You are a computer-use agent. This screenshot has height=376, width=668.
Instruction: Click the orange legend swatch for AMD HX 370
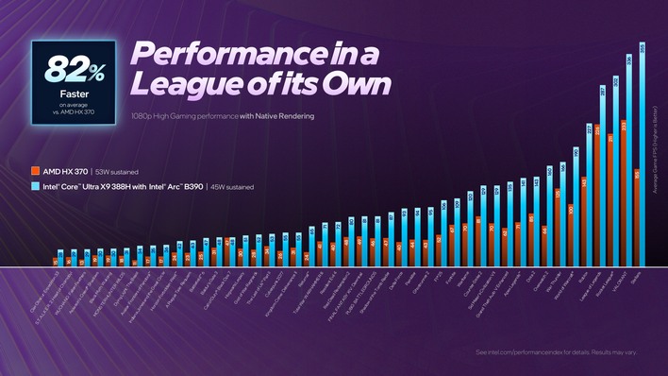click(35, 171)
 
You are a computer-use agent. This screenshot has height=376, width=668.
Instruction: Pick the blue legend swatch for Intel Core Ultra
click(35, 186)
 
